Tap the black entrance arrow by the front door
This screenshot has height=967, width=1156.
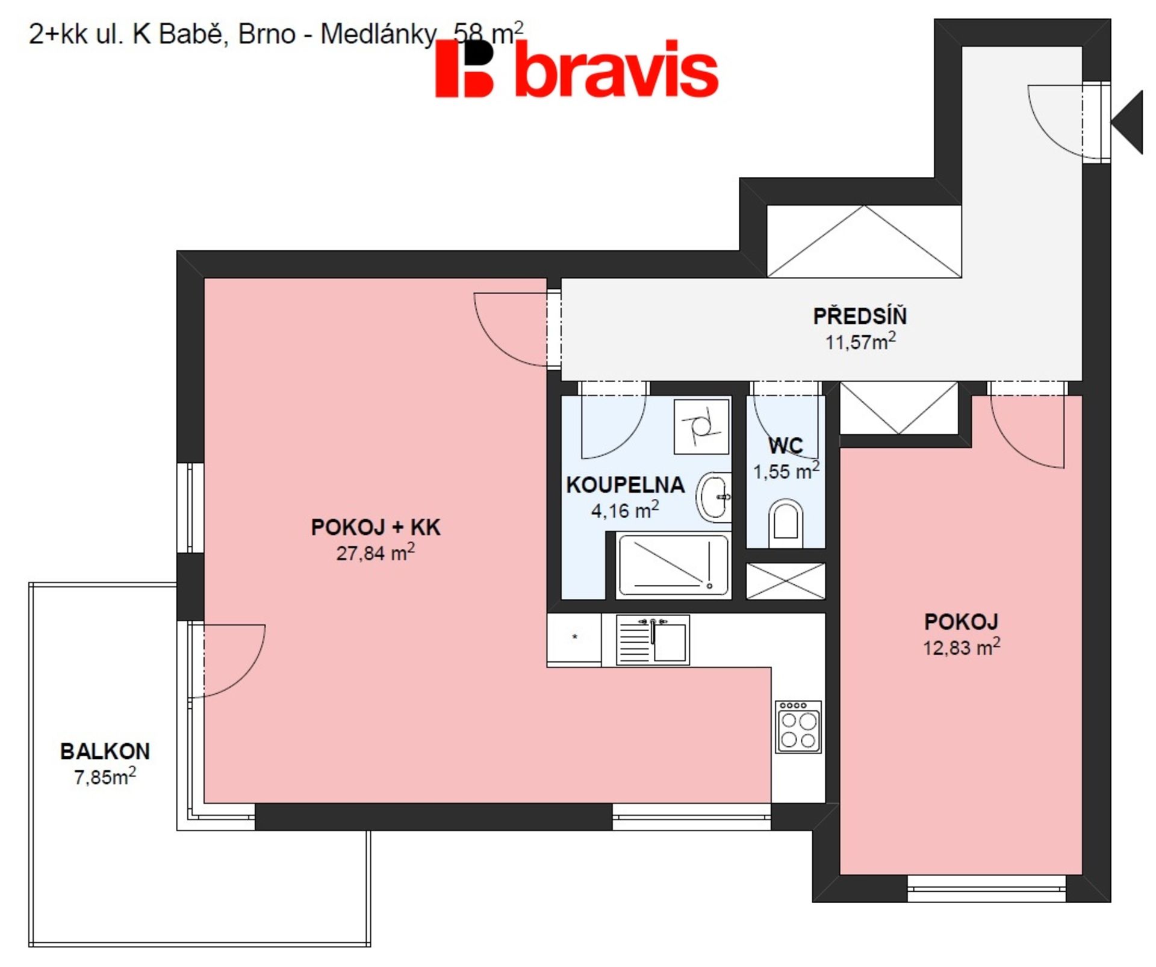pos(1126,122)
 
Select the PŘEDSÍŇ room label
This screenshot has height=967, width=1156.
pos(860,316)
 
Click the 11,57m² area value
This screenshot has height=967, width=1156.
pos(860,341)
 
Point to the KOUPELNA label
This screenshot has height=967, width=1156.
pos(625,485)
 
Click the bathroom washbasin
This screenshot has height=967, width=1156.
pos(714,497)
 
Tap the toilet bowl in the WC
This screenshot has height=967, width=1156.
pos(786,523)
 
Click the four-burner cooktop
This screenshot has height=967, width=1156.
pos(798,727)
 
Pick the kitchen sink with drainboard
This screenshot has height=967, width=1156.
pos(653,640)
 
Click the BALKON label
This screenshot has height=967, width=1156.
pos(105,751)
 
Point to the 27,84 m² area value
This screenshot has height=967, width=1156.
pos(375,552)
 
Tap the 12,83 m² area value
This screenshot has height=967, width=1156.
pos(962,647)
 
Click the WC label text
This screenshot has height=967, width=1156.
pos(785,446)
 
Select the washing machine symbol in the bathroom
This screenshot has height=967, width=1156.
pos(701,427)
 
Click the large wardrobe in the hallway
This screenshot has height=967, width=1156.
pos(864,241)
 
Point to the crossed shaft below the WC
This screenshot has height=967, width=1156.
pos(786,581)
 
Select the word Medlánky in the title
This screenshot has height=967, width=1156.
pos(378,34)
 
